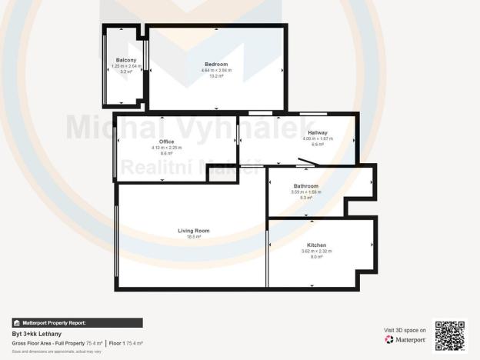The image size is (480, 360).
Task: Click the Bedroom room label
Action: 216,64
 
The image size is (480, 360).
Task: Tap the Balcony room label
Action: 126,60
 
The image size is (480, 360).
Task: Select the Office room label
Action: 166,142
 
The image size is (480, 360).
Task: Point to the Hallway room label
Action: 318,132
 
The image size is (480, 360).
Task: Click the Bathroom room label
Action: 305,186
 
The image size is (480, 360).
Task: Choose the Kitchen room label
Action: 316,245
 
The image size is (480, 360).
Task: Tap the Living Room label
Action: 194,231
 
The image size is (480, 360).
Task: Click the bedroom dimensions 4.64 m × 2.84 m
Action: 216,70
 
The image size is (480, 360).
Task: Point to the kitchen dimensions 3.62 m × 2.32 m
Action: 316,252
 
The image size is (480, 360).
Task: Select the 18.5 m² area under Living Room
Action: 194,237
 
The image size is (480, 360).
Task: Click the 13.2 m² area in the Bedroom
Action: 216,76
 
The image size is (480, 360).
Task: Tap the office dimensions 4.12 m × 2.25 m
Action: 166,148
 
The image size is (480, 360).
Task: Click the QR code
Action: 450,335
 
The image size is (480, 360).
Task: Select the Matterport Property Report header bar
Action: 77,323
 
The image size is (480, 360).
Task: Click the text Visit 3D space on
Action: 405,330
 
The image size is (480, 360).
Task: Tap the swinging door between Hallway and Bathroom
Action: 305,163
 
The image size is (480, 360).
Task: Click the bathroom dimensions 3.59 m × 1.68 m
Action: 305,192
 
